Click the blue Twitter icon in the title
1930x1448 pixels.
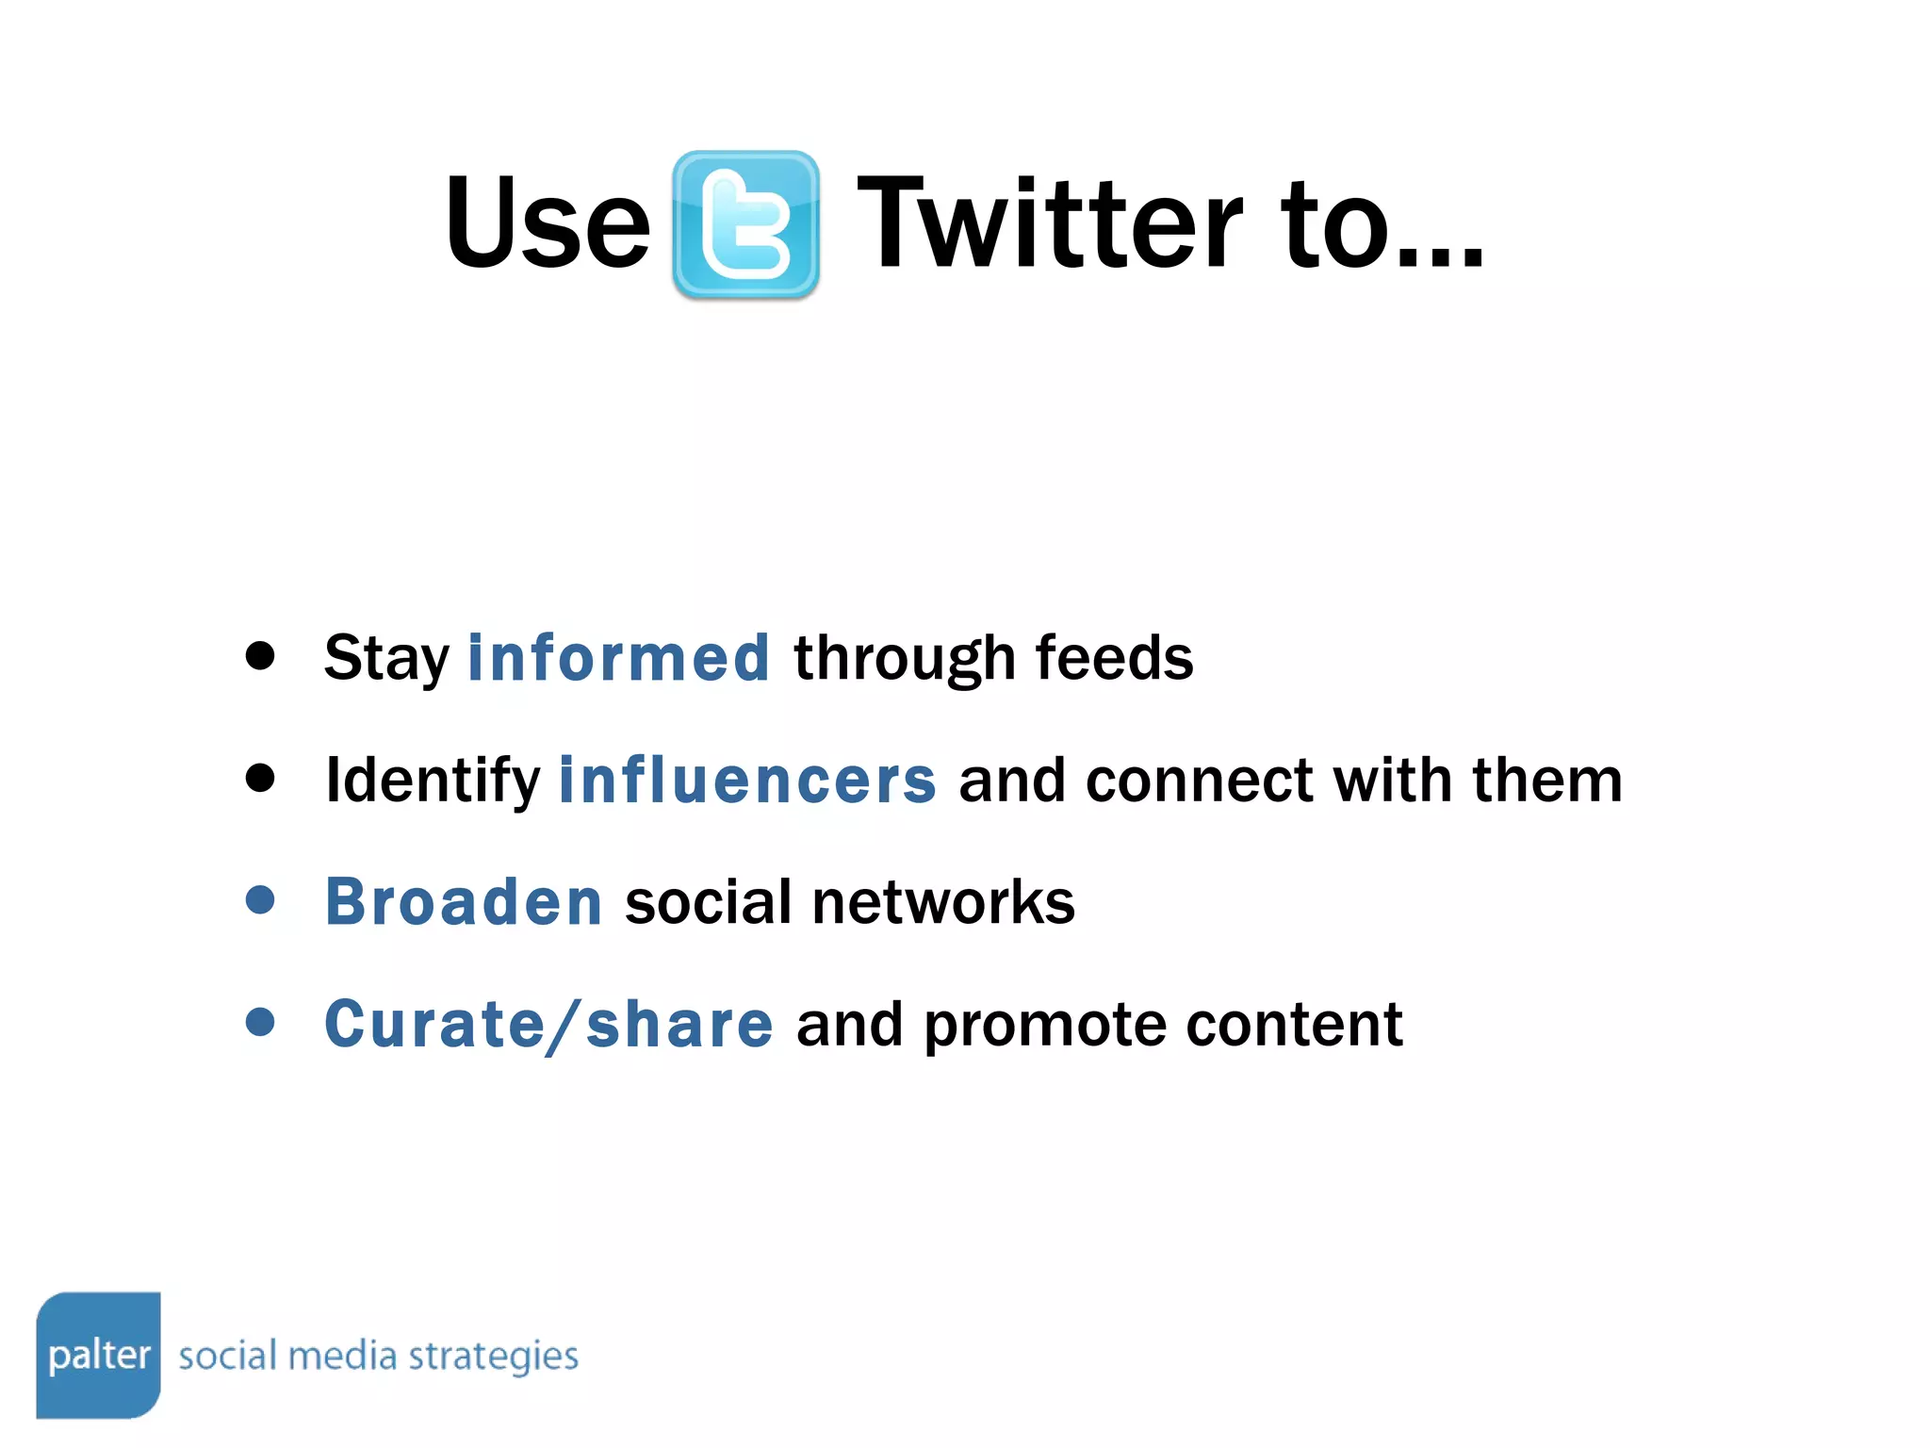745,225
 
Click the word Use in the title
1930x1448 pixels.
548,223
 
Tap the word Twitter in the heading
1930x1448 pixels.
1050,223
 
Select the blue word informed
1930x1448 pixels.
619,657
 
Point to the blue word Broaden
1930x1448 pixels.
464,902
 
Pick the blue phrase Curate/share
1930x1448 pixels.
548,1024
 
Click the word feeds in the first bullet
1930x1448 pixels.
1114,657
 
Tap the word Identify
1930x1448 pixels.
433,782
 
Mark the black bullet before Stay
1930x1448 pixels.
260,655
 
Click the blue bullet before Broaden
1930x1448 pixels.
260,899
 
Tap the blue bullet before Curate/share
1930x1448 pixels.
260,1022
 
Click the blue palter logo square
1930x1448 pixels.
98,1355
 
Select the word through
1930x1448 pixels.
904,659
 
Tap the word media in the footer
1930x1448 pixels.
342,1356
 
